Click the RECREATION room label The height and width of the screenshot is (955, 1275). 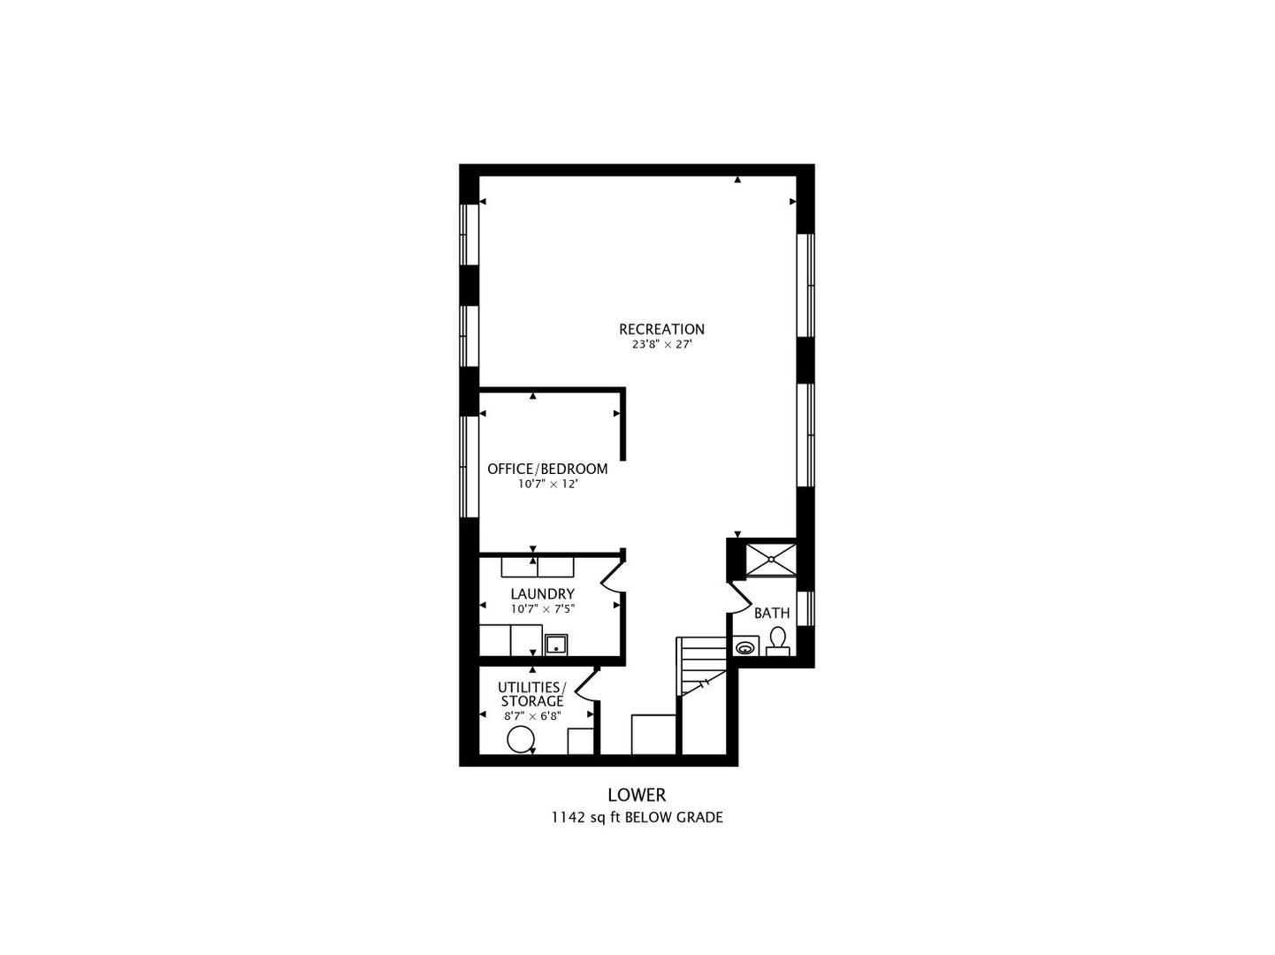pyautogui.click(x=661, y=329)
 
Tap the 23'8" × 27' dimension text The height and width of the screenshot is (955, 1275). pyautogui.click(x=661, y=345)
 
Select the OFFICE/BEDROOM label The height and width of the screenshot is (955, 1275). pyautogui.click(x=547, y=469)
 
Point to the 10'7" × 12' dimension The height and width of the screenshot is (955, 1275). pyautogui.click(x=548, y=484)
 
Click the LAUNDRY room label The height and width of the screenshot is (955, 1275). pyautogui.click(x=543, y=593)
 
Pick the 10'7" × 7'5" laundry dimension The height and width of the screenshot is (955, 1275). pyautogui.click(x=543, y=608)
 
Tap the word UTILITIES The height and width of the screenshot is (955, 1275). pyautogui.click(x=531, y=688)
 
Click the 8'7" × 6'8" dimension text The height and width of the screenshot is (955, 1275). pyautogui.click(x=532, y=716)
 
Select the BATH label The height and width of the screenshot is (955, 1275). pyautogui.click(x=772, y=613)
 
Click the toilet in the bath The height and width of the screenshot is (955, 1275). pyautogui.click(x=777, y=642)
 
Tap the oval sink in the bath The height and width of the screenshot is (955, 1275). pyautogui.click(x=744, y=647)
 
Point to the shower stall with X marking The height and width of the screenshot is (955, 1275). pyautogui.click(x=770, y=560)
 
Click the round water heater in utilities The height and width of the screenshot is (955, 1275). pyautogui.click(x=520, y=740)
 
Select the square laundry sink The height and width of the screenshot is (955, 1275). pyautogui.click(x=555, y=645)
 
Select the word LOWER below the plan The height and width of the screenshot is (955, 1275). pyautogui.click(x=637, y=795)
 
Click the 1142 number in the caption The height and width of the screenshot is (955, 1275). pyautogui.click(x=568, y=818)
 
